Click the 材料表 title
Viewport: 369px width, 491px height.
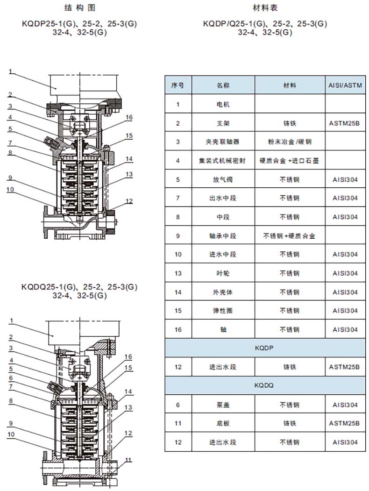264,8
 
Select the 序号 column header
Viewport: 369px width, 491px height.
178,85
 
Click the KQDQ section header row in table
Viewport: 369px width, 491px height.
264,386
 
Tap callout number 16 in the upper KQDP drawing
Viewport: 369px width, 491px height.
129,117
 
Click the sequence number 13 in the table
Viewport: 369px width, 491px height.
178,273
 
